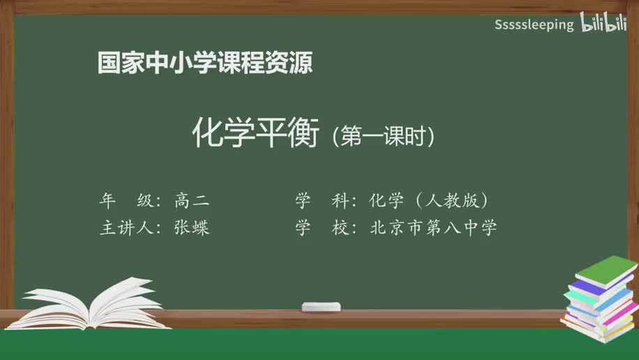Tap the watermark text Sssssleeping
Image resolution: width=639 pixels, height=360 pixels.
pyautogui.click(x=534, y=25)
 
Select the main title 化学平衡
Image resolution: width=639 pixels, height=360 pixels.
pyautogui.click(x=255, y=134)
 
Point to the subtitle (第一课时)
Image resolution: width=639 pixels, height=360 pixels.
pyautogui.click(x=384, y=135)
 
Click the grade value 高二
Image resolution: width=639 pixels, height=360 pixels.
pyautogui.click(x=192, y=201)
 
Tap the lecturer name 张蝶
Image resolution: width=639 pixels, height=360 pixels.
pyautogui.click(x=192, y=228)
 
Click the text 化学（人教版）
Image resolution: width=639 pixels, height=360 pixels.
pyautogui.click(x=428, y=201)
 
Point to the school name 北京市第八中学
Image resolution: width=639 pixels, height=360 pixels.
pyautogui.click(x=433, y=228)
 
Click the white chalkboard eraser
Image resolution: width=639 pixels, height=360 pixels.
pyautogui.click(x=321, y=306)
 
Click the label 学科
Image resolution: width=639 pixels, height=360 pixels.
pyautogui.click(x=322, y=201)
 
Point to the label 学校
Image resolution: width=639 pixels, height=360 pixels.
pyautogui.click(x=322, y=228)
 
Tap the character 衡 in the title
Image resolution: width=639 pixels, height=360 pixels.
pyautogui.click(x=303, y=134)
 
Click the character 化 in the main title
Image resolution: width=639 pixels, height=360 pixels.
pyautogui.click(x=207, y=134)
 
